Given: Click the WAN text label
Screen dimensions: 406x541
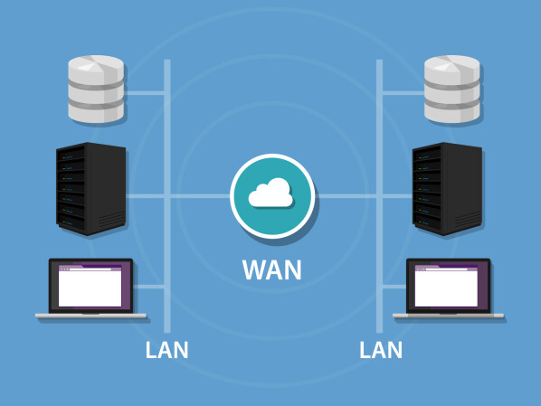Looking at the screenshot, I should tap(271, 269).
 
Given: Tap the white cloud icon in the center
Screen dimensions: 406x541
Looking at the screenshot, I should tap(271, 194).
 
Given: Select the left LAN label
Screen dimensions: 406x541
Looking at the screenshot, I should tap(167, 350).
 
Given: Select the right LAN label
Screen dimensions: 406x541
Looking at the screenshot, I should tap(381, 350).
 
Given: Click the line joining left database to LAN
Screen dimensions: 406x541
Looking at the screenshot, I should tap(146, 91).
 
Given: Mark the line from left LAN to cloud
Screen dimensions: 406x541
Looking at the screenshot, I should tap(199, 195).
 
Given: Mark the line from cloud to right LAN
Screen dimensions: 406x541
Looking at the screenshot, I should tap(348, 195).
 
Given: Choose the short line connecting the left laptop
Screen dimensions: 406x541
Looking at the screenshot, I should tap(153, 288).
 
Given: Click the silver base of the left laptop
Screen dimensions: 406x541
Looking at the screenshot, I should tap(90, 316).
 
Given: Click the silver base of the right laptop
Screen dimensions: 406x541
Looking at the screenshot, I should tap(448, 316).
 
